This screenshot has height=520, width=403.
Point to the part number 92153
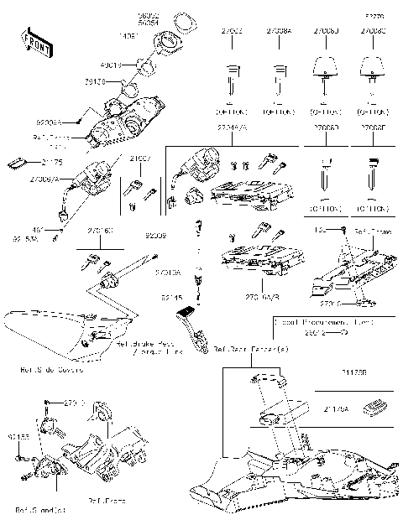point(16,438)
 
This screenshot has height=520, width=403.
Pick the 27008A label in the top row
point(279,31)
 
